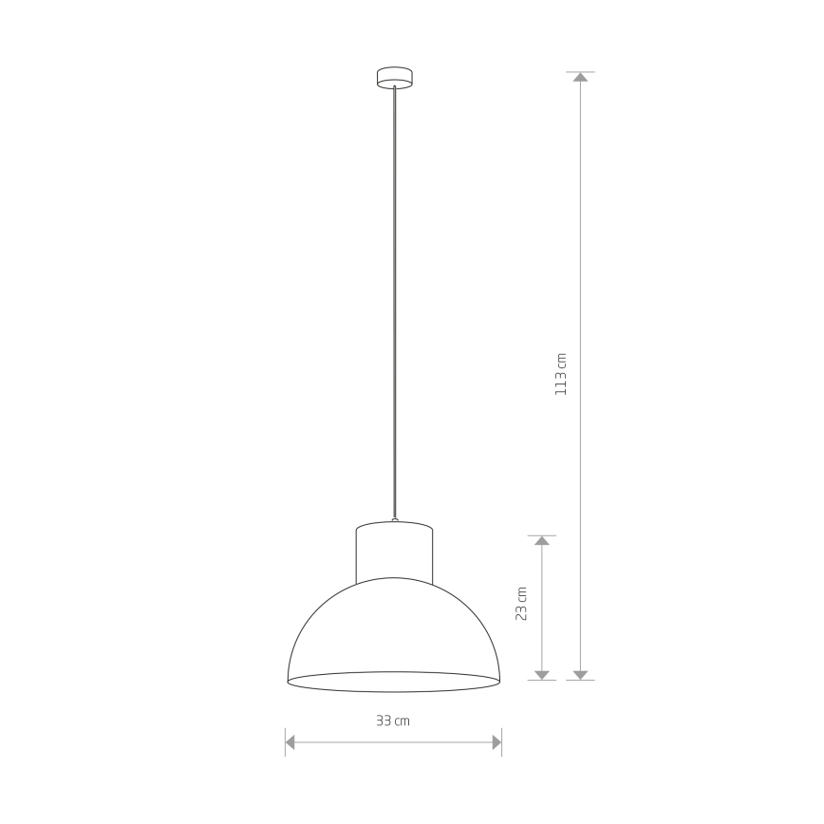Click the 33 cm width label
coord(393,721)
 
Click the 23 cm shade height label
coord(521,604)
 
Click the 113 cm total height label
coord(561,374)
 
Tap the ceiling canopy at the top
coord(395,77)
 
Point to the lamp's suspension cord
coord(395,302)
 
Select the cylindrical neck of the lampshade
coord(394,552)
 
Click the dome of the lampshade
coord(394,626)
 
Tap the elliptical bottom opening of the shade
coord(394,682)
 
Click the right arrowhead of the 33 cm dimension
coord(497,742)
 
